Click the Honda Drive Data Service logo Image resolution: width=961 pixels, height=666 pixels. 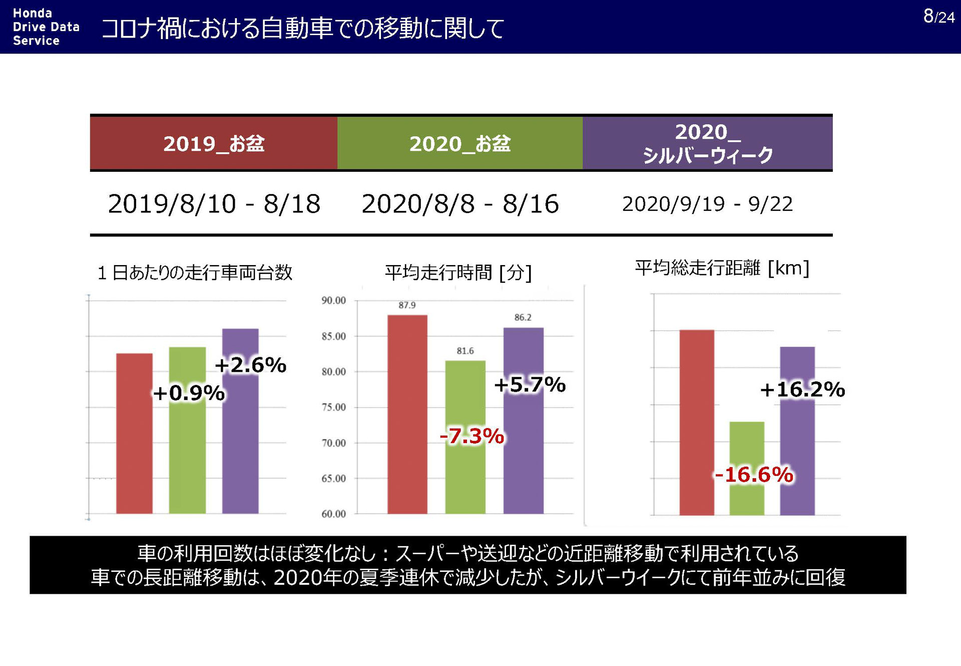(x=46, y=27)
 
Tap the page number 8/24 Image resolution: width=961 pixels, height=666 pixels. (x=938, y=17)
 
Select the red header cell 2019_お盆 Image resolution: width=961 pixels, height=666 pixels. (x=214, y=144)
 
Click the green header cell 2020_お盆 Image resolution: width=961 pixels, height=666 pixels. (x=459, y=144)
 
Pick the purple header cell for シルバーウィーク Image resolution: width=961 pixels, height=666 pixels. (x=707, y=143)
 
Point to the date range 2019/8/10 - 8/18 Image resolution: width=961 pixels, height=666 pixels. (x=214, y=204)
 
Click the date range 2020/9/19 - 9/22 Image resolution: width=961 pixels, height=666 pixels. (x=707, y=204)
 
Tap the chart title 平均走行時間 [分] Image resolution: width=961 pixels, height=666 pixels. (x=458, y=273)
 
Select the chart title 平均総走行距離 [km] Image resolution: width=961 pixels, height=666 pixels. (x=722, y=268)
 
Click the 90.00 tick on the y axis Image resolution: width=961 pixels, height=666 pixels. (x=333, y=301)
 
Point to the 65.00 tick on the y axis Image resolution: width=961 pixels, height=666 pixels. (x=333, y=479)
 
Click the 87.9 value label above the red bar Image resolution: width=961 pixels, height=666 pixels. (x=407, y=305)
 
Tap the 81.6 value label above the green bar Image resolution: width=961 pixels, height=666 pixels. (x=465, y=351)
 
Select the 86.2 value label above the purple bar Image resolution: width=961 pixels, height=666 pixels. (x=523, y=318)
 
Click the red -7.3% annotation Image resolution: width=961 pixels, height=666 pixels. (x=471, y=436)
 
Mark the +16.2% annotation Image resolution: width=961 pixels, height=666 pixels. (x=802, y=389)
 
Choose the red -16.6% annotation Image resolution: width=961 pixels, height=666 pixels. (x=753, y=475)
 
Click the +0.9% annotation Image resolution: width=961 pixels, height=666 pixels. (x=189, y=393)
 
